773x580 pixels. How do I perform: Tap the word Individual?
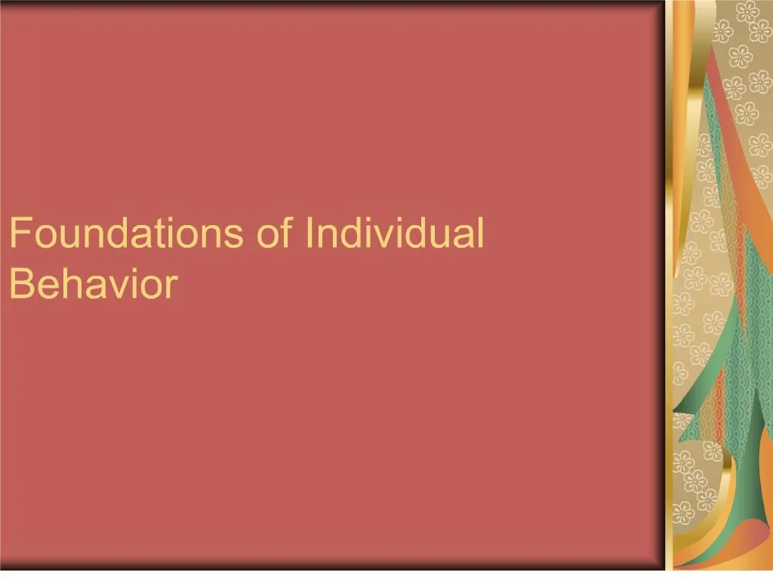click(x=393, y=233)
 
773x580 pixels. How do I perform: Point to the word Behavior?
click(x=94, y=284)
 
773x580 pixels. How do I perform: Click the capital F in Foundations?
click(x=18, y=233)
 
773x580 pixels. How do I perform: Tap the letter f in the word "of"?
click(x=285, y=233)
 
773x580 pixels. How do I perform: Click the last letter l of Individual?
click(x=479, y=233)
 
